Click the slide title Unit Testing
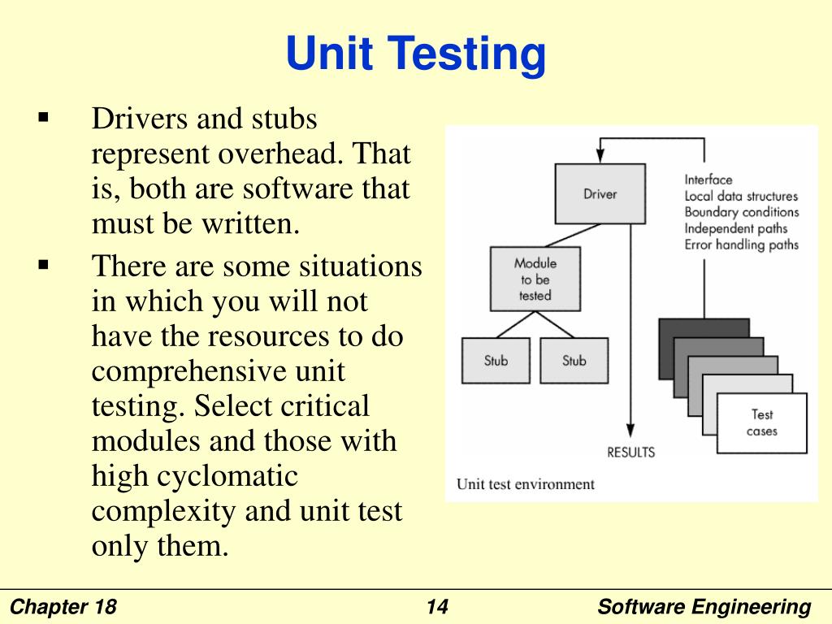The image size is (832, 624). (415, 56)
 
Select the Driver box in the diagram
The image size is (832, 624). (600, 193)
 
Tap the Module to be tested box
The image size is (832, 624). (535, 279)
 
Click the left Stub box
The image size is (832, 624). (496, 360)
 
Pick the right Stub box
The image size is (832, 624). (574, 360)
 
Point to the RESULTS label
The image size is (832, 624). (630, 452)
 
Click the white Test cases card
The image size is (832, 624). (762, 422)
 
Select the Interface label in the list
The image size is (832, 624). (708, 180)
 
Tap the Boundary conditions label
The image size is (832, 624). (741, 212)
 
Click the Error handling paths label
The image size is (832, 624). (741, 245)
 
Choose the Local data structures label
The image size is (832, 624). (741, 196)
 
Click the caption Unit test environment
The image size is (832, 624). (525, 484)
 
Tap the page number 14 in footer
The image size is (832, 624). (436, 607)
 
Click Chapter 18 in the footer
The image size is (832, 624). (64, 607)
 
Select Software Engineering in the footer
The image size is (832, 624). (704, 607)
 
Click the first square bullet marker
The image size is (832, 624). (44, 118)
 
